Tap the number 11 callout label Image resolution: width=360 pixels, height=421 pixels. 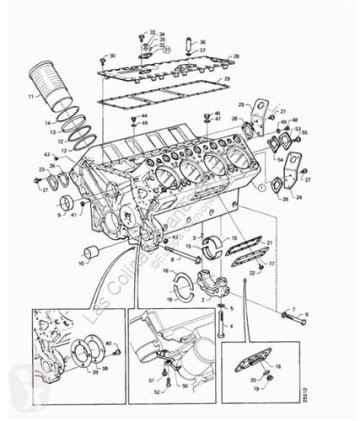pos(31,96)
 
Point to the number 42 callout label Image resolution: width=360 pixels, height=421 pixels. pos(47,155)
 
